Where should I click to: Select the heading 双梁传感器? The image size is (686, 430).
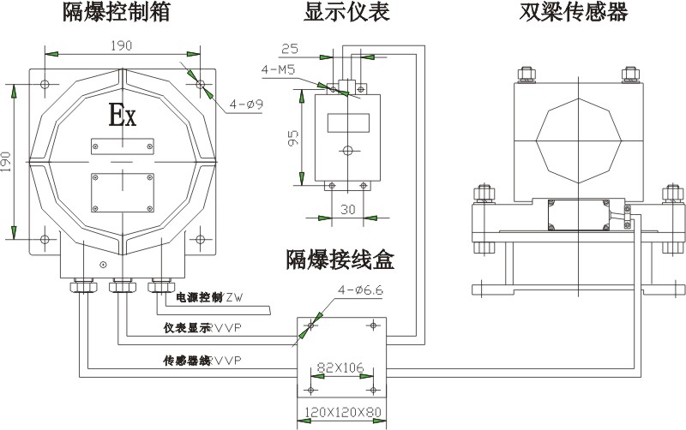click(574, 13)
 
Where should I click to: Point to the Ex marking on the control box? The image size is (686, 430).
click(121, 114)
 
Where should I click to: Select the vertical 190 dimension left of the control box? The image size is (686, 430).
click(8, 159)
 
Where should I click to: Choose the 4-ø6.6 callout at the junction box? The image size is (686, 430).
click(360, 290)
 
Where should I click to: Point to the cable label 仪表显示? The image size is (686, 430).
click(187, 328)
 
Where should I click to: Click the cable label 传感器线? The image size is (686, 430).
click(187, 360)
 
